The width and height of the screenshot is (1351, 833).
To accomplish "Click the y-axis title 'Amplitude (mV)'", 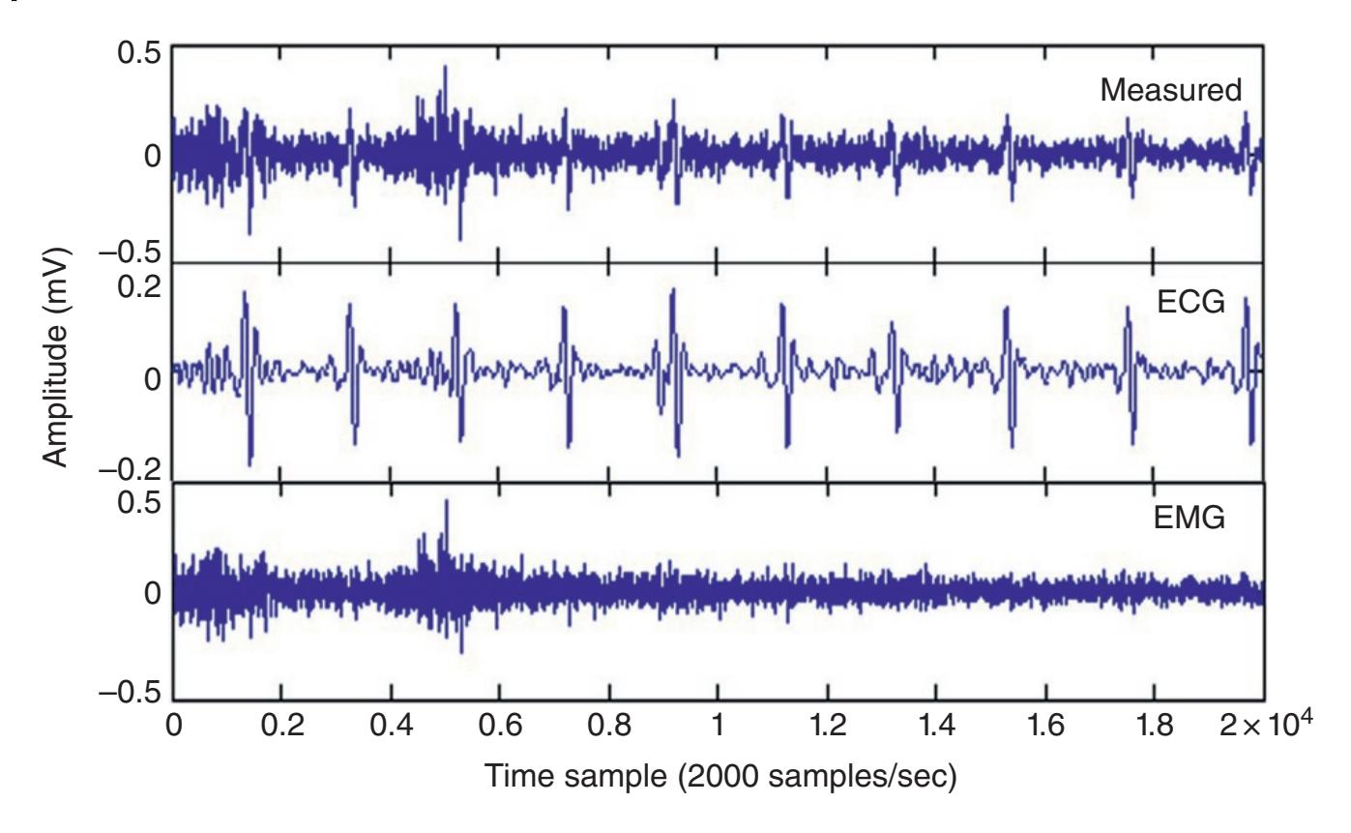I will pyautogui.click(x=57, y=372).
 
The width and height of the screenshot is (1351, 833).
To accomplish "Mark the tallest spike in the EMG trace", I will pyautogui.click(x=446, y=502).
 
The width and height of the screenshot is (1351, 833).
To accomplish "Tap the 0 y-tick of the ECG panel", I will pyautogui.click(x=153, y=378).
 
